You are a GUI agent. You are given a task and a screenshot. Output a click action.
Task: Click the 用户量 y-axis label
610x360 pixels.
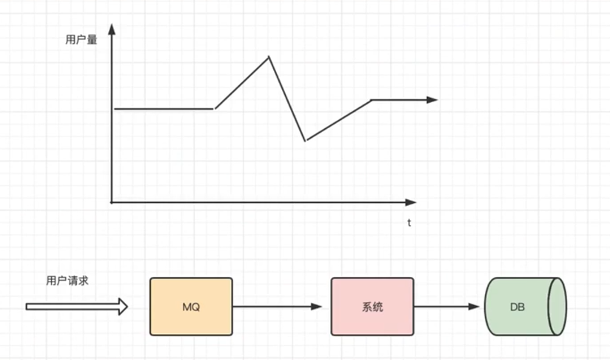[x=81, y=40]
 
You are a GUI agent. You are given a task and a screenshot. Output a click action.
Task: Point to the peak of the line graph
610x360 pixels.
[x=269, y=56]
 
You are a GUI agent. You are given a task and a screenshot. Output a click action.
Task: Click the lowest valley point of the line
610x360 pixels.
[x=305, y=140]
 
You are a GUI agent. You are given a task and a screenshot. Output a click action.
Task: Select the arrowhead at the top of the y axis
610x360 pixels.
[x=112, y=29]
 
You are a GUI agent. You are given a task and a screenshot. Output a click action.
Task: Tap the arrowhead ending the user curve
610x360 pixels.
[x=432, y=99]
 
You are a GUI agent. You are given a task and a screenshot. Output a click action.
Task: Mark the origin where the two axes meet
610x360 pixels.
[x=112, y=201]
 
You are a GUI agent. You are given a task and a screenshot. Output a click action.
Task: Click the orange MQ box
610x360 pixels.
[x=191, y=306]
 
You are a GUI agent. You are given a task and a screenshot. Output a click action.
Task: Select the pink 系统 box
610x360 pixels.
[x=372, y=306]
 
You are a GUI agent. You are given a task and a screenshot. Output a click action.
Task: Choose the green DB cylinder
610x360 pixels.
[x=525, y=306]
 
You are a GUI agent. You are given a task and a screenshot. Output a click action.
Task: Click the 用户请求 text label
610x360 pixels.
[x=67, y=281]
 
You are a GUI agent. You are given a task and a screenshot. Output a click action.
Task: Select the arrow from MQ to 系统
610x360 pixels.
[x=278, y=306]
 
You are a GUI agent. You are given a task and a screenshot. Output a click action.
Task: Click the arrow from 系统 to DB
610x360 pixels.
[x=448, y=306]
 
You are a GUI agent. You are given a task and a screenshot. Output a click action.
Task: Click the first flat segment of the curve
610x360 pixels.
[x=164, y=109]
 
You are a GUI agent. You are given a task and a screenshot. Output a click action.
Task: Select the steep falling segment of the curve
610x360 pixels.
[x=287, y=99]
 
